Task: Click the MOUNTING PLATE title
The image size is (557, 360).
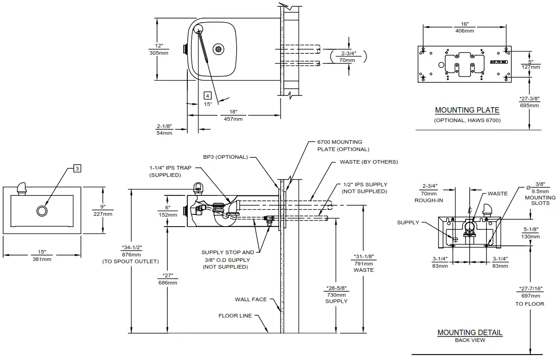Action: click(x=467, y=110)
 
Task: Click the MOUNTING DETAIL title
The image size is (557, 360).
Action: click(x=470, y=332)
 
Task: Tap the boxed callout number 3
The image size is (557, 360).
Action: click(x=77, y=169)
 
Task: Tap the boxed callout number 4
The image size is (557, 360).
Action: click(x=207, y=95)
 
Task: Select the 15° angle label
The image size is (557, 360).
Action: click(x=208, y=104)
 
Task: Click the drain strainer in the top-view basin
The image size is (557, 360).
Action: click(x=219, y=50)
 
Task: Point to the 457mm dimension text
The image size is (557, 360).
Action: click(x=233, y=119)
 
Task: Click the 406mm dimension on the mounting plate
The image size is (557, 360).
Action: click(x=465, y=31)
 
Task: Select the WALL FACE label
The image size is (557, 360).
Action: click(x=251, y=299)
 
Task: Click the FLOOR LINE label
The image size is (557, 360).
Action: click(x=235, y=316)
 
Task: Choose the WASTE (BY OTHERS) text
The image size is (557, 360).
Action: click(x=369, y=162)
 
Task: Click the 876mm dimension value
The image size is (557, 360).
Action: click(x=131, y=255)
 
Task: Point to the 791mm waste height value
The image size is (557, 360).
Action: click(x=363, y=264)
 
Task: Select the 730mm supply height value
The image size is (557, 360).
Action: click(x=336, y=294)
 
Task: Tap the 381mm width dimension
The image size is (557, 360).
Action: click(x=42, y=259)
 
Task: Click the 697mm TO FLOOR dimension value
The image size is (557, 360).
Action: click(x=529, y=295)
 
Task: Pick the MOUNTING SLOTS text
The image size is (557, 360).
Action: click(x=540, y=200)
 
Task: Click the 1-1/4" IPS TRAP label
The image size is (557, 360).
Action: click(x=170, y=168)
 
